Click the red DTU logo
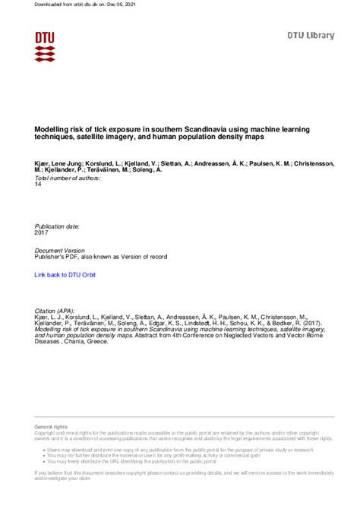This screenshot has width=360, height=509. pyautogui.click(x=44, y=46)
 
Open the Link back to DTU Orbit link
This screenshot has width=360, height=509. pyautogui.click(x=65, y=273)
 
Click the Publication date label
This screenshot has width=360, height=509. pyautogui.click(x=58, y=226)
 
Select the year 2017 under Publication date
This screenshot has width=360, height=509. pyautogui.click(x=42, y=232)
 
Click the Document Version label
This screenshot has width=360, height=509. pyautogui.click(x=60, y=250)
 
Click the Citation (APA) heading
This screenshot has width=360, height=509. pyautogui.click(x=56, y=311)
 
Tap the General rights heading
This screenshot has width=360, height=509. pyautogui.click(x=51, y=428)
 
